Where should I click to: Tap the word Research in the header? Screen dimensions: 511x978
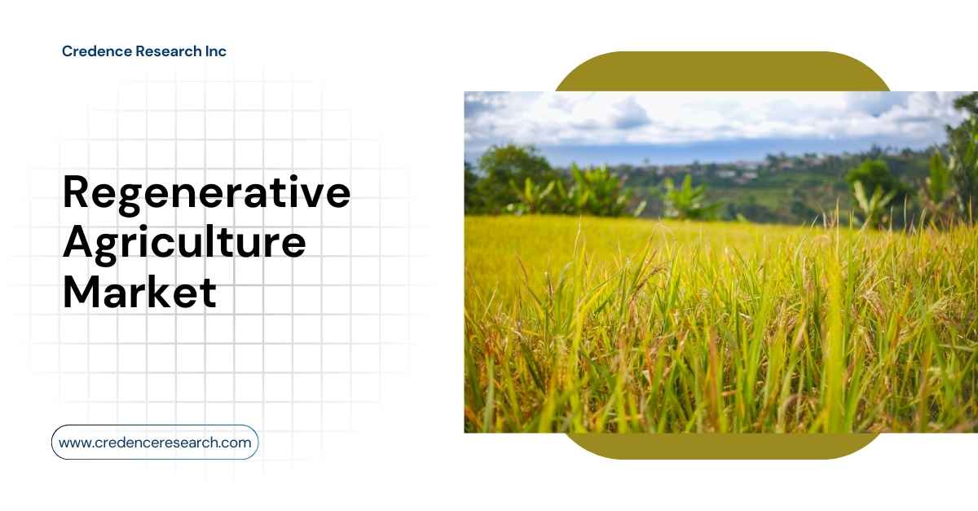(160, 51)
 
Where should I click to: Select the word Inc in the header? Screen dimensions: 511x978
(215, 51)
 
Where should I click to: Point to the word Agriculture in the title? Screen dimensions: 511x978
(184, 244)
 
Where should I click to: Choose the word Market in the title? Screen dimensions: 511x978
(139, 291)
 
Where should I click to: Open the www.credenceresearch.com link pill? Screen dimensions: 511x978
(155, 443)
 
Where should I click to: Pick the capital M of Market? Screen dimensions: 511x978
(83, 291)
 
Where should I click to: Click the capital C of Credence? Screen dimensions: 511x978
(68, 51)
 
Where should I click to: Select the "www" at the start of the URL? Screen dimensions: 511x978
(73, 443)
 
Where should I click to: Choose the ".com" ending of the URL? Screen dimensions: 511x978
(236, 443)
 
